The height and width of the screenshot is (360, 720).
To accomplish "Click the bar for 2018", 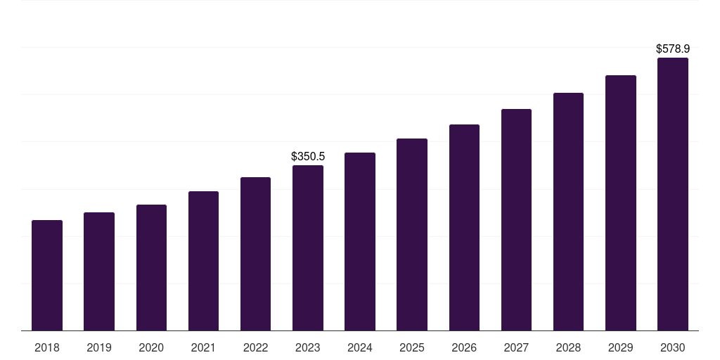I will click(x=47, y=276).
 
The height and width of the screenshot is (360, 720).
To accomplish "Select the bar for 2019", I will click(x=99, y=271).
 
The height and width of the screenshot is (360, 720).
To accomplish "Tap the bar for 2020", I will click(x=151, y=268).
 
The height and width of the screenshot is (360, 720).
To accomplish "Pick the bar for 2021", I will click(x=203, y=261).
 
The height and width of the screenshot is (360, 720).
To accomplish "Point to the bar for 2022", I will click(x=255, y=254).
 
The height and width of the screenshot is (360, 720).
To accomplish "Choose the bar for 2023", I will click(x=308, y=248).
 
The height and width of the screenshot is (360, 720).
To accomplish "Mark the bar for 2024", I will click(x=360, y=242).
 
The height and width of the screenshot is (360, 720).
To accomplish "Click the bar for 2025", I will click(x=412, y=235).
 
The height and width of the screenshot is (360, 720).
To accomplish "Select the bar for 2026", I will click(x=464, y=228).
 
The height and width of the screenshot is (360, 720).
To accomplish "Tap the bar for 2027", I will click(x=516, y=220).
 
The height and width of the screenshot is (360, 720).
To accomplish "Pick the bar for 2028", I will click(x=568, y=212).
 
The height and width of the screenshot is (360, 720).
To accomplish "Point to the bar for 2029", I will click(x=621, y=203).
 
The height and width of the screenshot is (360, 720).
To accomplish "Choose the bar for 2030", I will click(x=673, y=194).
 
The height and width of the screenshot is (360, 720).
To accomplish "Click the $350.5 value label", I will click(x=308, y=156).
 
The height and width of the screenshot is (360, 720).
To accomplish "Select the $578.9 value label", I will click(x=673, y=49).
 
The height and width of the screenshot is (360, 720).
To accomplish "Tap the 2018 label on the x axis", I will click(x=47, y=347).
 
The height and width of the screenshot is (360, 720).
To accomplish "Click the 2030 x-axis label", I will click(x=673, y=347).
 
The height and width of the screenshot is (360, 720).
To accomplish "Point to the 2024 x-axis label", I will click(x=360, y=347).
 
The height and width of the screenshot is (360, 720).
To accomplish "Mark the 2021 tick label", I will click(x=203, y=347).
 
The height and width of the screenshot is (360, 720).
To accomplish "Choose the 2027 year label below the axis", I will click(x=516, y=347).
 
